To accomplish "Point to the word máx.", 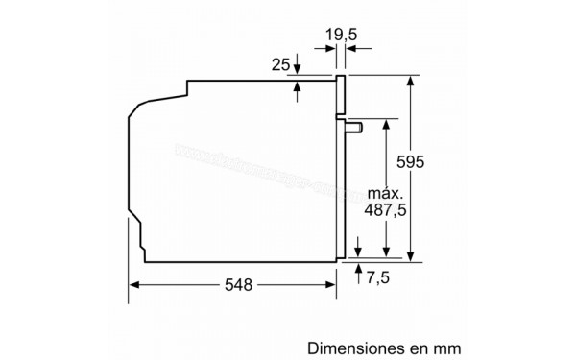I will pyautogui.click(x=383, y=192).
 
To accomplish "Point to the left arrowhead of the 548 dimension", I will pyautogui.click(x=133, y=284).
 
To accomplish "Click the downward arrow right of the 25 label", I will pyautogui.click(x=297, y=68).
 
